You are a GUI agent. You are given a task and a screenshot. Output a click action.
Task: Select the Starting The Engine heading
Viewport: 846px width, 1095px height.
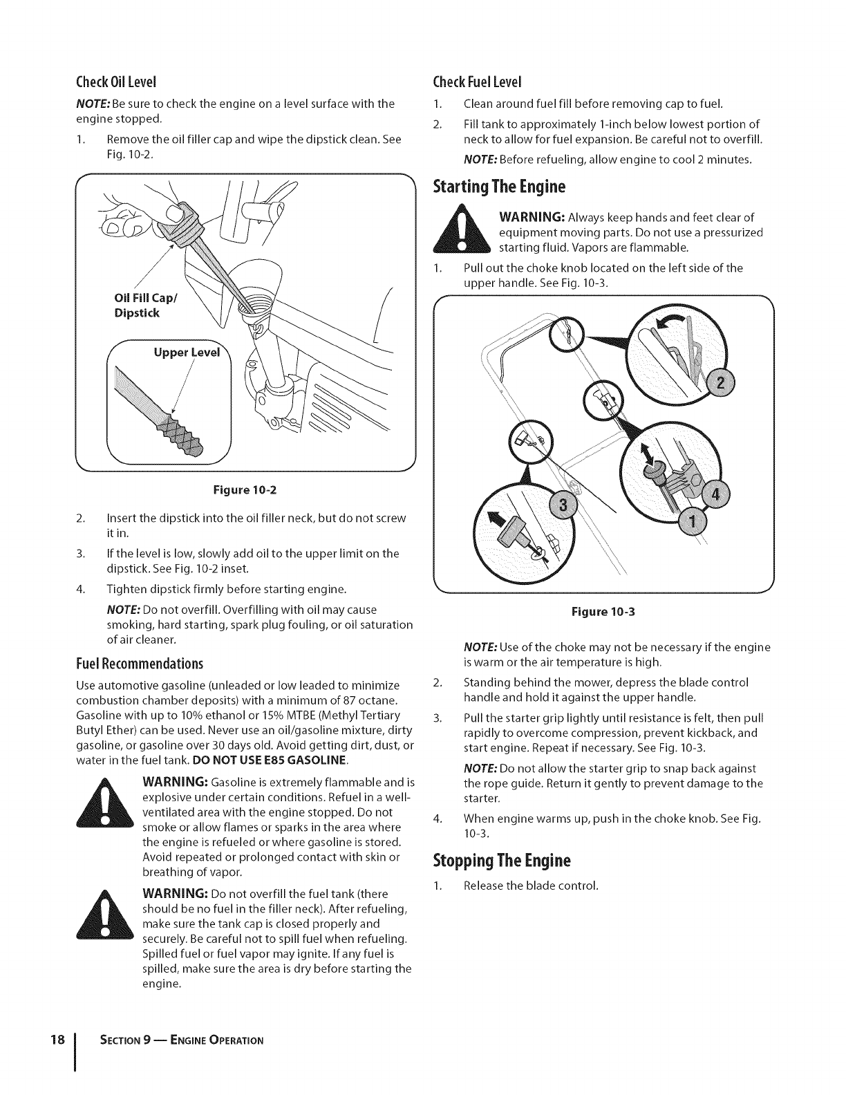[499, 187]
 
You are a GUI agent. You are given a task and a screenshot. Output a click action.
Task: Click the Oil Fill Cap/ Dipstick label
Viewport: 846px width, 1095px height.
[137, 306]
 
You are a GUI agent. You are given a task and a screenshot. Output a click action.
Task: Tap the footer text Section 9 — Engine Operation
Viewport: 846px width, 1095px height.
[176, 1041]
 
